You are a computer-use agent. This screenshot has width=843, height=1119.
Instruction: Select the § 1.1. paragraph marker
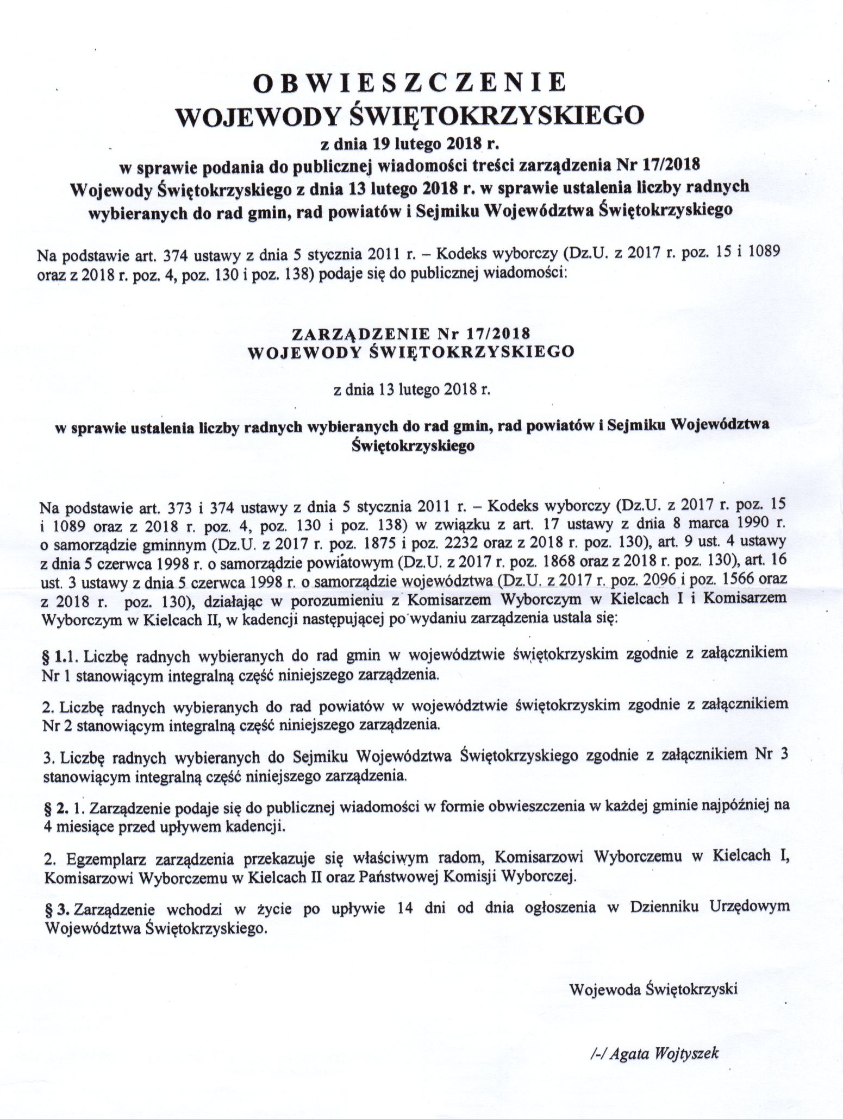point(61,656)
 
